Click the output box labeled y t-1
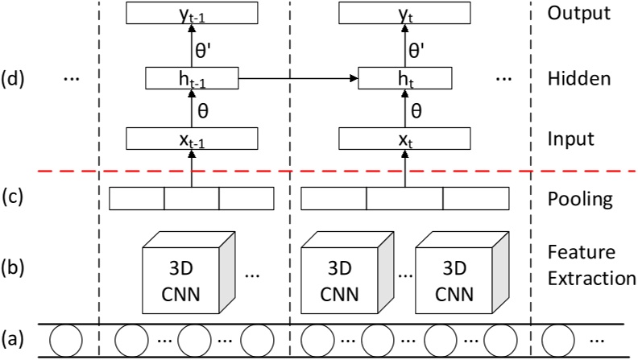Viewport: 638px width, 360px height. (x=193, y=13)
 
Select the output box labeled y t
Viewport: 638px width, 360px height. (x=404, y=13)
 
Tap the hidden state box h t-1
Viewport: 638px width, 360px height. (x=193, y=78)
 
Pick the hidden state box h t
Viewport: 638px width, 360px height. (x=404, y=78)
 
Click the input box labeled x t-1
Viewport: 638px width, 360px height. (x=193, y=139)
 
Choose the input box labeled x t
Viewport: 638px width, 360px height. (x=404, y=139)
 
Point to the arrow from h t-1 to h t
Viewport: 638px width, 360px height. (x=298, y=78)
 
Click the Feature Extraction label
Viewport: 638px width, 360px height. (x=586, y=265)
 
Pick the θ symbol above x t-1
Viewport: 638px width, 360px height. (x=204, y=109)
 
